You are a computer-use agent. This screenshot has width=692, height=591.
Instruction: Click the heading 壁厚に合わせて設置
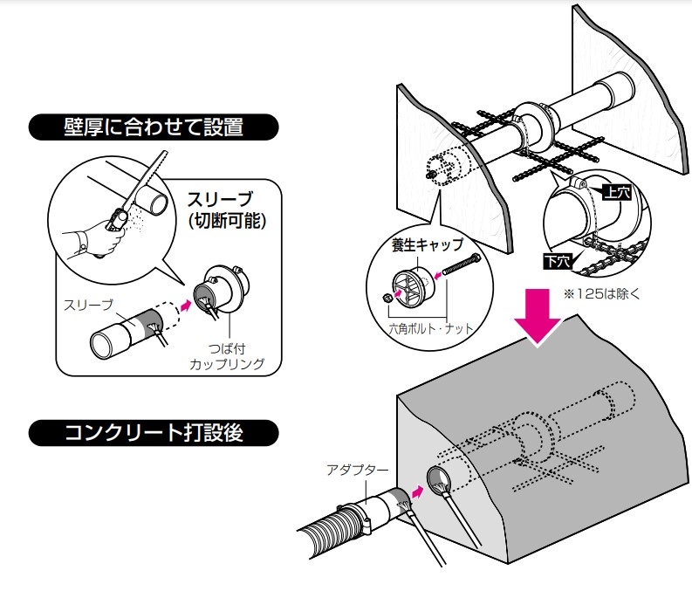154,128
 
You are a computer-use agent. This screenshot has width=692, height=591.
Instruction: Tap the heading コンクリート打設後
154,432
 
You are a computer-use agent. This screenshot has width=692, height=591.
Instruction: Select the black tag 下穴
556,260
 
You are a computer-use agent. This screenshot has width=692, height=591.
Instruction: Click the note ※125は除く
602,293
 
